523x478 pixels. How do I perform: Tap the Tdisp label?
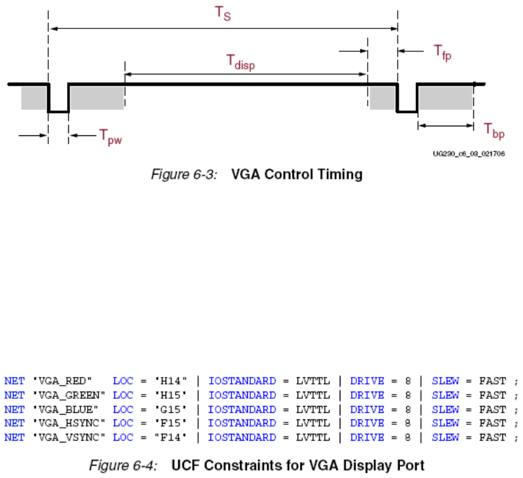(241, 62)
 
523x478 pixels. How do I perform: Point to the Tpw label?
(115, 137)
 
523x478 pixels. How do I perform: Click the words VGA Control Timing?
(297, 175)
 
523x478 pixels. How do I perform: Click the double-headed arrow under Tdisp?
(245, 74)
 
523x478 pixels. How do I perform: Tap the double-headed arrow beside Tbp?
(445, 126)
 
